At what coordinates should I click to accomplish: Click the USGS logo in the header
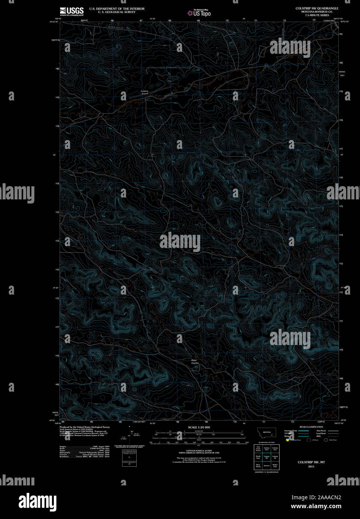pyautogui.click(x=72, y=11)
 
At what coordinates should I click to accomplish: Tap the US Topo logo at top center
pyautogui.click(x=199, y=13)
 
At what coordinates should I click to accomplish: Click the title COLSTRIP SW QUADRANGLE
pyautogui.click(x=317, y=8)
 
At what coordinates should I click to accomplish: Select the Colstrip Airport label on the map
pyautogui.click(x=145, y=92)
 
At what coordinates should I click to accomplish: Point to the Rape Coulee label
pyautogui.click(x=195, y=361)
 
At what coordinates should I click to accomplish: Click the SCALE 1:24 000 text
pyautogui.click(x=199, y=427)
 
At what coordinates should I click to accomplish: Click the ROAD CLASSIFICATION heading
pyautogui.click(x=311, y=427)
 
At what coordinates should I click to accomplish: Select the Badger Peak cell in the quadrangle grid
pyautogui.click(x=275, y=465)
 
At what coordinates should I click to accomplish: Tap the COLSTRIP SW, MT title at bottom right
pyautogui.click(x=311, y=462)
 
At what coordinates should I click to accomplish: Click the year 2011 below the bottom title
pyautogui.click(x=311, y=466)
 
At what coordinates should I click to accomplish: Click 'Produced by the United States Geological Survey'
pyautogui.click(x=84, y=427)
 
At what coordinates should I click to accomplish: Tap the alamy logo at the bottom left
pyautogui.click(x=38, y=501)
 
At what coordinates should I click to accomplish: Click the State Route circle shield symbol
pyautogui.click(x=326, y=440)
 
